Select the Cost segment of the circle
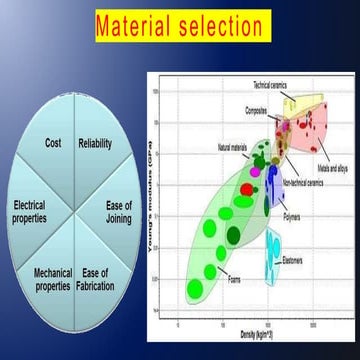pyautogui.click(x=54, y=143)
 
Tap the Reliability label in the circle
pyautogui.click(x=95, y=143)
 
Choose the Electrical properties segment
pyautogui.click(x=29, y=211)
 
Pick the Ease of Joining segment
pyautogui.click(x=119, y=211)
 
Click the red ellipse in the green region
pyautogui.click(x=247, y=189)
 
